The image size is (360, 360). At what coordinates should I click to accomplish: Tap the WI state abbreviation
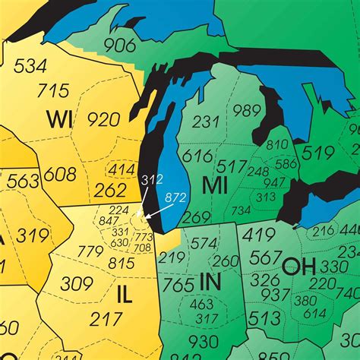(x=59, y=119)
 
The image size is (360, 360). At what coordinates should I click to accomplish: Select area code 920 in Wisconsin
(x=103, y=119)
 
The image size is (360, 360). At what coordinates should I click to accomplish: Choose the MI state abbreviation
(x=215, y=185)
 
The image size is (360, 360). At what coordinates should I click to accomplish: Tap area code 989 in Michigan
(x=247, y=111)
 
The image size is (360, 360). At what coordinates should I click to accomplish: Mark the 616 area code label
(x=197, y=156)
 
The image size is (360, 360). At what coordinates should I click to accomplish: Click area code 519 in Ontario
(x=317, y=153)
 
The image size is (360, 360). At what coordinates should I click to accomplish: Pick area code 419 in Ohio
(x=261, y=235)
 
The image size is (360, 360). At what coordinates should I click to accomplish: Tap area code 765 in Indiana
(x=178, y=286)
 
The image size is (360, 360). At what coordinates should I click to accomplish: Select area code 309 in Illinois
(x=77, y=284)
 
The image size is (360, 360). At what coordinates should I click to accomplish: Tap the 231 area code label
(x=206, y=122)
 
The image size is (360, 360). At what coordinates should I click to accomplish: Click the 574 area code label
(x=204, y=243)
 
